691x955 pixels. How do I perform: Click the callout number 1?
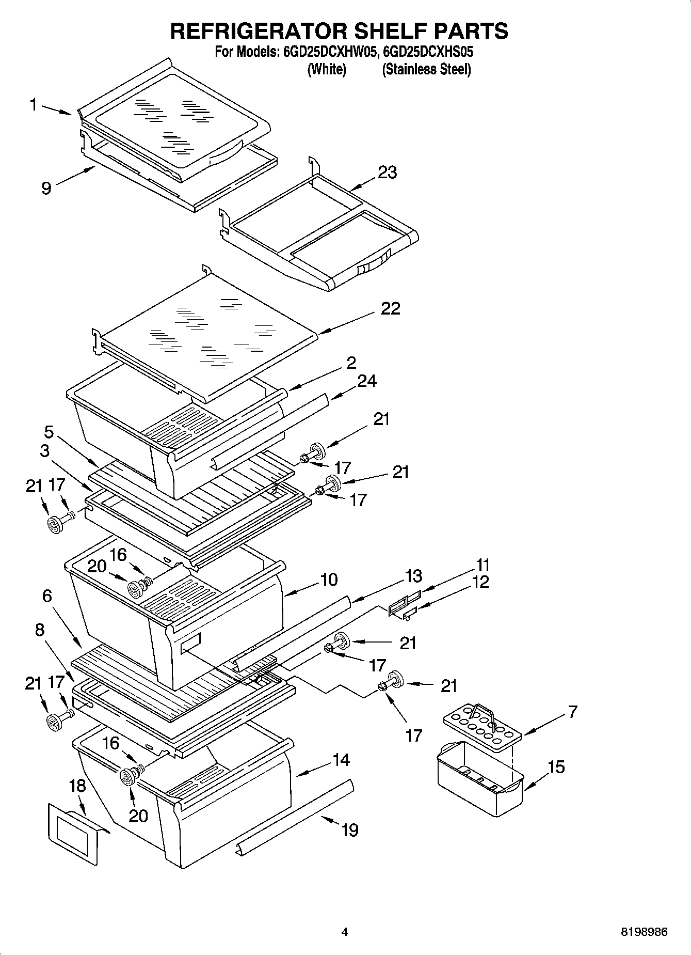click(x=33, y=105)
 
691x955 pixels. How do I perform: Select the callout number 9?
click(x=46, y=188)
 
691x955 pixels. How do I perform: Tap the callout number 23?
click(x=387, y=172)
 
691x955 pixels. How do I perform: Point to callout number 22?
click(x=390, y=308)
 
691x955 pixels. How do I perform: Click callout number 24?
click(x=366, y=381)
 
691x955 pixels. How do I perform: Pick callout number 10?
click(x=328, y=580)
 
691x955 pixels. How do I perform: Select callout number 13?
click(x=413, y=576)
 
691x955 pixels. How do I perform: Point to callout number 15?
click(x=556, y=766)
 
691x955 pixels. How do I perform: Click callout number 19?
click(x=349, y=830)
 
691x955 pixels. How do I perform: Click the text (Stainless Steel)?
click(x=426, y=69)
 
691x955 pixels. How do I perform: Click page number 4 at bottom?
click(x=345, y=932)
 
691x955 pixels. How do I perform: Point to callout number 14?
click(x=341, y=760)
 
